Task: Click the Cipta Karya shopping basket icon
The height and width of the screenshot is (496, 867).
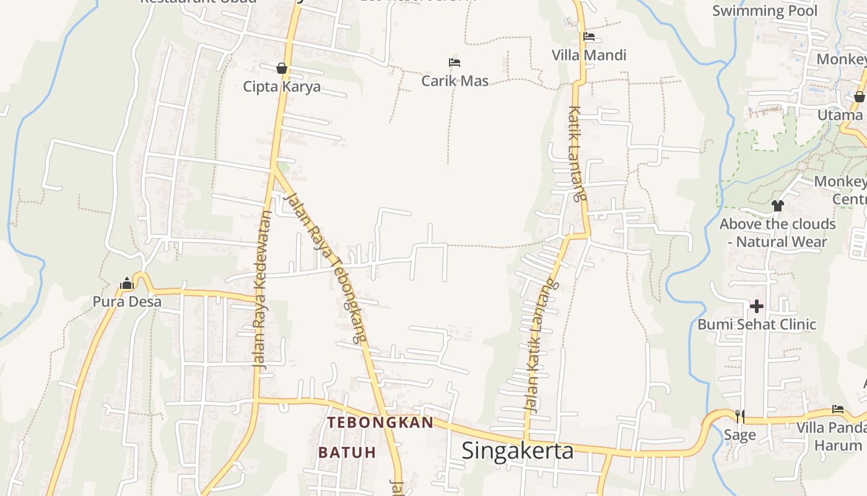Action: (282, 68)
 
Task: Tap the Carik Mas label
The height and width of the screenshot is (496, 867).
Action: (455, 81)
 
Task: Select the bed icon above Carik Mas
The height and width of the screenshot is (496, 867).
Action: (455, 63)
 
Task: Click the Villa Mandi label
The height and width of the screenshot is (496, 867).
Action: (589, 55)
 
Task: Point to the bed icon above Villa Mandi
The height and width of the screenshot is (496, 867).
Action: (589, 37)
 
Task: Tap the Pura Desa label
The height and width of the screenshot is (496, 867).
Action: (127, 302)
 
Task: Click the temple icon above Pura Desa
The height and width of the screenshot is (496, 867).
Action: (127, 284)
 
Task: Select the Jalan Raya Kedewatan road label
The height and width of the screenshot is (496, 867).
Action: (263, 291)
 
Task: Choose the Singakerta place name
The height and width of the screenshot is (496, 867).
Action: (518, 451)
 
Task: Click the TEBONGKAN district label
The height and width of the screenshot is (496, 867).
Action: (380, 423)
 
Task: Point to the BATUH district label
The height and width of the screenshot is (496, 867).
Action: (347, 452)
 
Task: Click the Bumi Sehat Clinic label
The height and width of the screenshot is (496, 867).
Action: (757, 324)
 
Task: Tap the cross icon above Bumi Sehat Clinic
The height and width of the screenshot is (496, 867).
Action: (756, 306)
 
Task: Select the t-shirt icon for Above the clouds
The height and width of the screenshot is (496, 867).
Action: (778, 205)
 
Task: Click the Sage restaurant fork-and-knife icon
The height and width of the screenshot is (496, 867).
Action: (739, 416)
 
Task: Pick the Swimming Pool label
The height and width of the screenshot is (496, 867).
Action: (765, 11)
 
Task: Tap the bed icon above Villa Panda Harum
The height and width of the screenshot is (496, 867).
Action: (838, 409)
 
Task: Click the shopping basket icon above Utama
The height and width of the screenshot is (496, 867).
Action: (859, 97)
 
